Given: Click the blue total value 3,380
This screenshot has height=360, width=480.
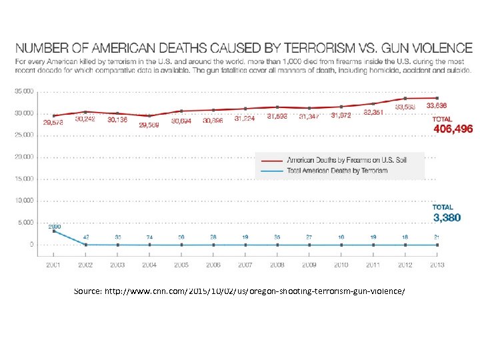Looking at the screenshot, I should click(x=447, y=217).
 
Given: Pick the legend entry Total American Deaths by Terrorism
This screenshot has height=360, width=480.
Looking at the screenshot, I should click(x=337, y=171).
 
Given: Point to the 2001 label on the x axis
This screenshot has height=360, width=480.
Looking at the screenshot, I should click(x=54, y=265).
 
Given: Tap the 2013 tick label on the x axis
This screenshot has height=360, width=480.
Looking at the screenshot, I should click(x=437, y=265).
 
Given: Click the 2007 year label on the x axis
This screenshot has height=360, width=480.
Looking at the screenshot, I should click(x=245, y=265).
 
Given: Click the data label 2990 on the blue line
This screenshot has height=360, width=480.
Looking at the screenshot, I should click(x=54, y=227).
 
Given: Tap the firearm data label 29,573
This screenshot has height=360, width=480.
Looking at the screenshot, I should click(x=54, y=123).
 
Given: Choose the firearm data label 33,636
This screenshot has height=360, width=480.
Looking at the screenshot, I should click(x=437, y=105).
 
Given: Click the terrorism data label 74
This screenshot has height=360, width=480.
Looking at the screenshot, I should click(x=149, y=237).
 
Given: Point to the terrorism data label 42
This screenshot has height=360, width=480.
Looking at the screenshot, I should click(x=85, y=237).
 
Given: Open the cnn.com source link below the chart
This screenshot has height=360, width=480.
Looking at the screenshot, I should click(x=239, y=291).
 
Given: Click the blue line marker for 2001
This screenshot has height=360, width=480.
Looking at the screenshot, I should click(x=54, y=231).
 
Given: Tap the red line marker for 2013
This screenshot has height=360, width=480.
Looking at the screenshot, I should click(x=437, y=98).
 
